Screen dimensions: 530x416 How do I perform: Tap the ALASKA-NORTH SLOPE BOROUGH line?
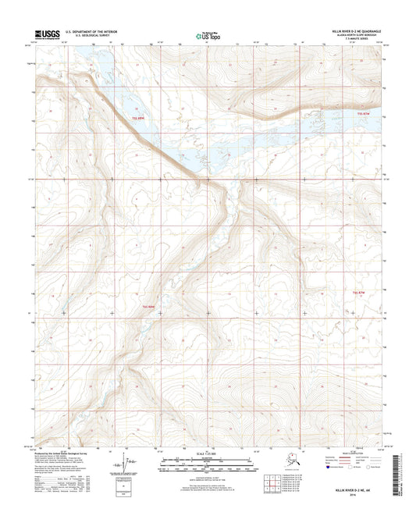click(x=357, y=36)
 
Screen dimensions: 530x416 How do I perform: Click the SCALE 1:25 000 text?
click(x=207, y=454)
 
